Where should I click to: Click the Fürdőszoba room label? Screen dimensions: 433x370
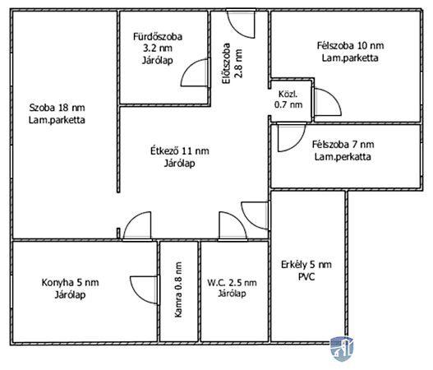158,36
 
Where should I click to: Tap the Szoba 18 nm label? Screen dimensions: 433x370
58,108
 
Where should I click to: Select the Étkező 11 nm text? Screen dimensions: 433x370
179,150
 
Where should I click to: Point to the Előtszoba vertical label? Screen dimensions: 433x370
227,63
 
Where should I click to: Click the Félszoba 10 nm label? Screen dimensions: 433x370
350,45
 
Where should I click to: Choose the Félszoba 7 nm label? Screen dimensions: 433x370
343,144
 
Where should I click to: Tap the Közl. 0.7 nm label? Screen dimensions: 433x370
288,99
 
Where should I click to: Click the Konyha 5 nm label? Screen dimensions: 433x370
70,282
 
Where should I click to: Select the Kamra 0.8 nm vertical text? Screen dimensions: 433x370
178,289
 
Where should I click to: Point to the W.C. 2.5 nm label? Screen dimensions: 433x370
232,283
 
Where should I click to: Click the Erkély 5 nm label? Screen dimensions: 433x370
306,265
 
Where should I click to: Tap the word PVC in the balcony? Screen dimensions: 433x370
306,276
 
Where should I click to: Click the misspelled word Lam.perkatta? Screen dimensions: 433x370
343,157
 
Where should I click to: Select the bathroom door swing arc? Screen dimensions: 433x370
187,66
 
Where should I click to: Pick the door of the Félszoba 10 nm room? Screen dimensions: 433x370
334,95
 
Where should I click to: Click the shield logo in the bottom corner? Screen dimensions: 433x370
342,349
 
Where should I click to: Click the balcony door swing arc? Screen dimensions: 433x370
248,220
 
